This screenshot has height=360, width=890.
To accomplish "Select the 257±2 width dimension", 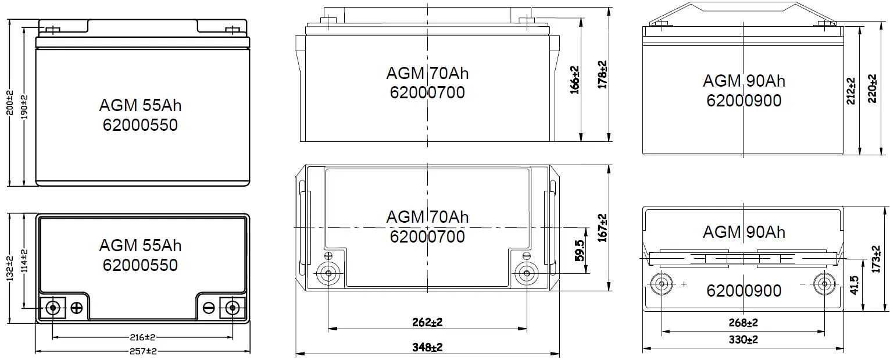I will point(143,351).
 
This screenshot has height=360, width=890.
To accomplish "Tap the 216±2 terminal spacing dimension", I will point(143,337).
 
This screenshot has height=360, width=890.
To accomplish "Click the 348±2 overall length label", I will point(427,347).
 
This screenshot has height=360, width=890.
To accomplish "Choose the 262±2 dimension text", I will point(427,322).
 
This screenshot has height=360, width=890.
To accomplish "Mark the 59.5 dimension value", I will point(579,256).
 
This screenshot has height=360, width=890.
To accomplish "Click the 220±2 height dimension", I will point(871,88).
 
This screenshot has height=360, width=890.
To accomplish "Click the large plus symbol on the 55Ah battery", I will point(77,308).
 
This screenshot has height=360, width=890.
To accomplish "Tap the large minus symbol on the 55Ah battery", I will point(209,308).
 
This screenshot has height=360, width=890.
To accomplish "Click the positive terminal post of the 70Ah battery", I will point(328,273).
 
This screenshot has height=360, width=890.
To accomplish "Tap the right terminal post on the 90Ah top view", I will point(824,284).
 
